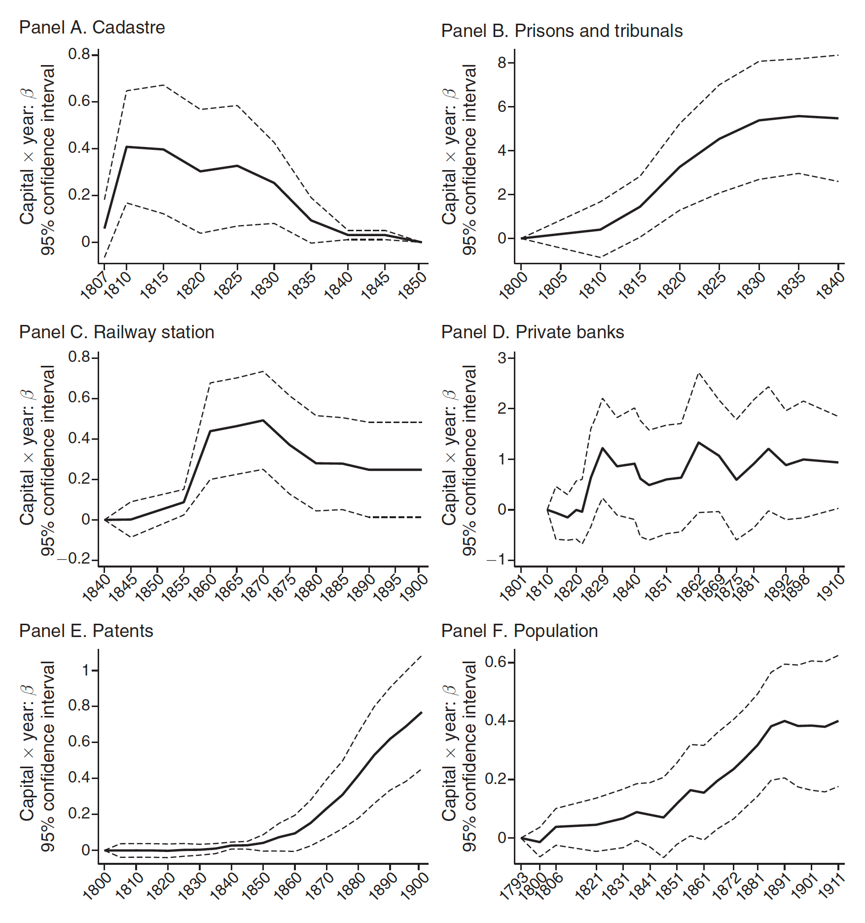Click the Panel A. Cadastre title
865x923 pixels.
[92, 28]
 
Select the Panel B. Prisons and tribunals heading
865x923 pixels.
[561, 31]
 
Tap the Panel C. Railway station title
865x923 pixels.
[116, 332]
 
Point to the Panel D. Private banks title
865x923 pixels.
[532, 332]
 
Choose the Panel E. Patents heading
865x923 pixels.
[86, 631]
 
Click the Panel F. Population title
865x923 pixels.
[519, 631]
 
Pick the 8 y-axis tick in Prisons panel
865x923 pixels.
[502, 63]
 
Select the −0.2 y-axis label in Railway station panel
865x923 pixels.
[74, 559]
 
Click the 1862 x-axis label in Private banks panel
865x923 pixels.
[690, 588]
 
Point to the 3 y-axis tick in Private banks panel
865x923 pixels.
[502, 358]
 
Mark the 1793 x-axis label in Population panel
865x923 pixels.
[513, 887]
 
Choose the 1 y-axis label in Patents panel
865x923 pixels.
[86, 671]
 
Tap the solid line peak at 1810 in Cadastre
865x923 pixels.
[127, 146]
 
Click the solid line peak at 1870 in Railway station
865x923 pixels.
[263, 421]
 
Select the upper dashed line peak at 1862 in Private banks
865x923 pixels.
[699, 373]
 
